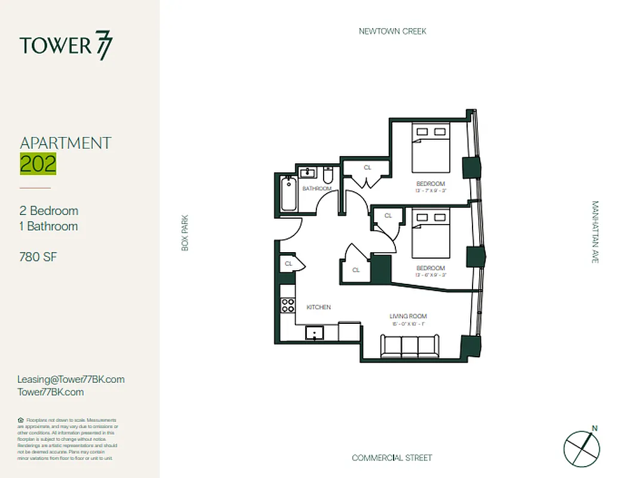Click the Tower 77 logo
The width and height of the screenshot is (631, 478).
[x=66, y=46]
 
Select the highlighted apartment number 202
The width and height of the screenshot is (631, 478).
[x=38, y=164]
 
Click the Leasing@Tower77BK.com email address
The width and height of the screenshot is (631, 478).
[x=71, y=379]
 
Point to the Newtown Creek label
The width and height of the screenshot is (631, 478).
[x=392, y=31]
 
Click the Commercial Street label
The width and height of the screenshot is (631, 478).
[x=392, y=458]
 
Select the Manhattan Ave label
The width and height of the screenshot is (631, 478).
[x=595, y=232]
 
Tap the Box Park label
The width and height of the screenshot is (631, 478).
[x=185, y=233]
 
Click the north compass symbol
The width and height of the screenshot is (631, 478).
[x=581, y=446]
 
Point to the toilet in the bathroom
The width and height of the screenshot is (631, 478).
[x=328, y=176]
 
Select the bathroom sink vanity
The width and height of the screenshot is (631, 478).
[x=308, y=173]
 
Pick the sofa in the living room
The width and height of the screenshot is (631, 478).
[x=410, y=345]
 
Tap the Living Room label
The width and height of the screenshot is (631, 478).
[x=409, y=317]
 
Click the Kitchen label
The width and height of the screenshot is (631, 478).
[x=319, y=307]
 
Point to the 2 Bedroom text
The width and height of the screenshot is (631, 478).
[x=49, y=211]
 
